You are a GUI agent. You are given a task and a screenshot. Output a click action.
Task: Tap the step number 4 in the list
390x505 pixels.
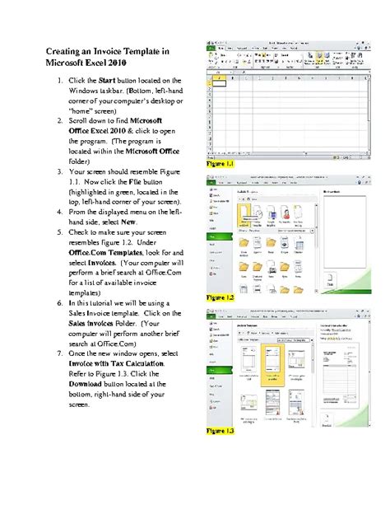[58, 212]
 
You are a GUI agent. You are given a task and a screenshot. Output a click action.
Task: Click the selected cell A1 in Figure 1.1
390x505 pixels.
[220, 82]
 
